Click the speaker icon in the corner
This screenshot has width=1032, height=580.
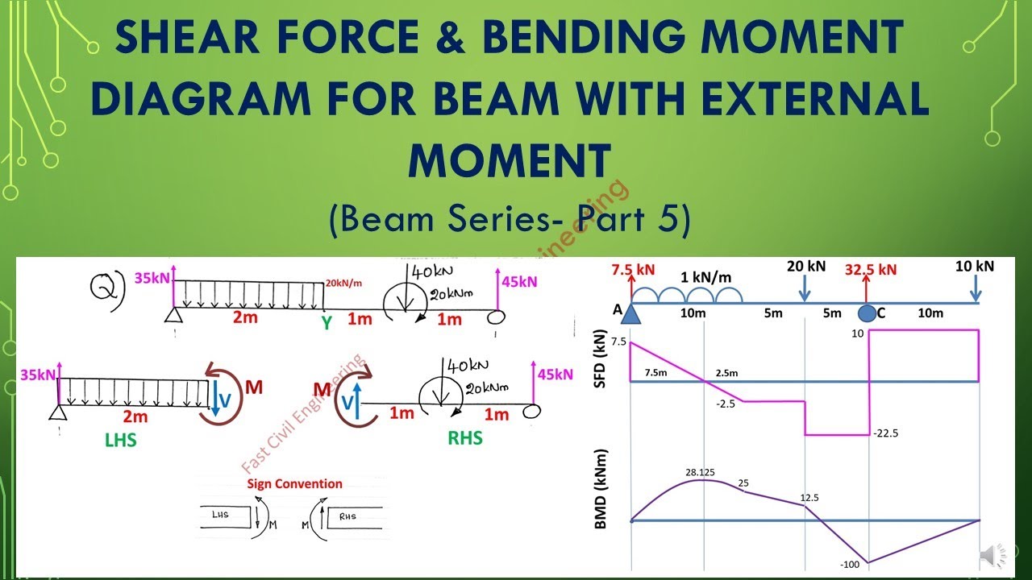pyautogui.click(x=993, y=555)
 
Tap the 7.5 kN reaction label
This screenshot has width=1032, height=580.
pyautogui.click(x=634, y=269)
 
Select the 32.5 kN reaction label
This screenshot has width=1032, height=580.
pyautogui.click(x=870, y=270)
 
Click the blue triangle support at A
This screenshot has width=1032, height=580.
pyautogui.click(x=630, y=313)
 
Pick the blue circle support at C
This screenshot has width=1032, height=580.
pyautogui.click(x=866, y=313)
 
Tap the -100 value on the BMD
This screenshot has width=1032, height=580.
pyautogui.click(x=850, y=564)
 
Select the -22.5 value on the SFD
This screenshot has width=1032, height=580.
pyautogui.click(x=885, y=433)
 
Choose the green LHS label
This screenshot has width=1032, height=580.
pyautogui.click(x=121, y=441)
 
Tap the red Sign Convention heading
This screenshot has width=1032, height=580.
pyautogui.click(x=294, y=484)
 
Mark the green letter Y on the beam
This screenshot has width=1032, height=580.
pyautogui.click(x=326, y=324)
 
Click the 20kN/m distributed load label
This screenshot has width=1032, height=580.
pyautogui.click(x=345, y=283)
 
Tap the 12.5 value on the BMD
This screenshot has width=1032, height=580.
pyautogui.click(x=809, y=498)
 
